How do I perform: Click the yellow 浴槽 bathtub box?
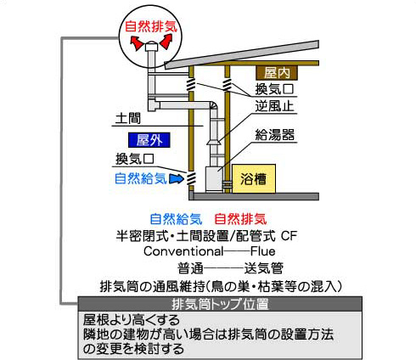pos(254,178)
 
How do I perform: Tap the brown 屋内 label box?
pos(277,73)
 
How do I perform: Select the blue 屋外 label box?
pos(149,140)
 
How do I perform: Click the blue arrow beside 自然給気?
pos(177,179)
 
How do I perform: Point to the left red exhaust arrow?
pos(137,43)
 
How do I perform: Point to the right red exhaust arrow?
pos(166,42)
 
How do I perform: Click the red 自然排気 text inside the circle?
pos(151,26)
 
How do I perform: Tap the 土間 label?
pos(128,118)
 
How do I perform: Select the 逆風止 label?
pos(274,106)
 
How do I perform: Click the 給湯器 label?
pos(274,135)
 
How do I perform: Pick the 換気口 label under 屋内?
pos(274,89)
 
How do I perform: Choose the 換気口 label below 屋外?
pos(135,159)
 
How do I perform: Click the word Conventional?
pos(183,251)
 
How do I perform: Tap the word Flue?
pos(263,251)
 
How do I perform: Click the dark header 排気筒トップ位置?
pos(220,304)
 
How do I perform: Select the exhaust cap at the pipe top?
pos(151,48)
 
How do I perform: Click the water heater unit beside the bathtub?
pos(214,179)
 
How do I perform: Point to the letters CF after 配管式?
pos(289,236)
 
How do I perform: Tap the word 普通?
pos(190,268)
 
